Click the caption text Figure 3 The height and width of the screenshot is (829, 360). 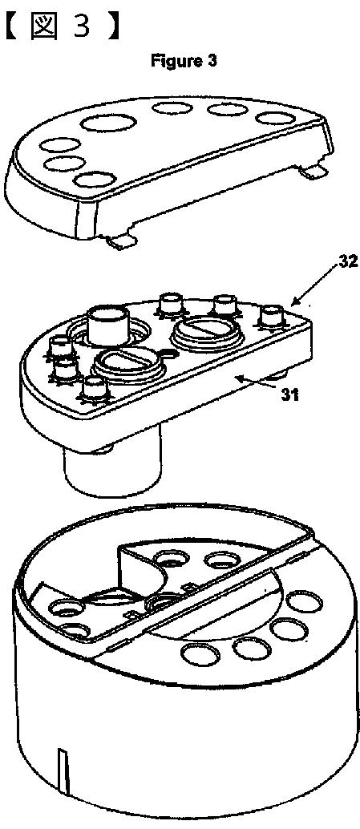pos(184,61)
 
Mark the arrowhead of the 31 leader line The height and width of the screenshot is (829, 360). pos(239,377)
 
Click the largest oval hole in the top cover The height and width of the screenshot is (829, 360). pos(108,123)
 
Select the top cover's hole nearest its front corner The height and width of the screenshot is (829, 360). pos(95,180)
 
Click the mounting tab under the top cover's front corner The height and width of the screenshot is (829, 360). pos(122,241)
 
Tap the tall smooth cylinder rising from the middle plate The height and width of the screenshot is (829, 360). pos(109,324)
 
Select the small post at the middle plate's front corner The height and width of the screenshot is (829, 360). pos(95,389)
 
